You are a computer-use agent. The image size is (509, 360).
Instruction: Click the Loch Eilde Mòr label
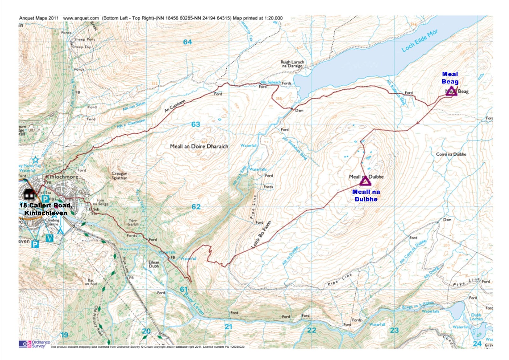[x=420, y=41]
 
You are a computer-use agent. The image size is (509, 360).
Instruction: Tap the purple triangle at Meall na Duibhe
[x=365, y=182]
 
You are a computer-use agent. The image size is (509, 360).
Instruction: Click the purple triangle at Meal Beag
[x=451, y=91]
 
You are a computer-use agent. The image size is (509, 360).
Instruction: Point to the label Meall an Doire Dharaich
[x=199, y=146]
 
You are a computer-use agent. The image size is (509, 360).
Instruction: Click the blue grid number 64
[x=187, y=42]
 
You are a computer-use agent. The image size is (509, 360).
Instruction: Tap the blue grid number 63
[x=196, y=124]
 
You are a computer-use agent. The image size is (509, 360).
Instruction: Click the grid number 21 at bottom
[x=228, y=327]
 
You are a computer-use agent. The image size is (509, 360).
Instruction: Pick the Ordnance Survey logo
[x=34, y=344]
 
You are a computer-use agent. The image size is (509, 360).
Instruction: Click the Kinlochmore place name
[x=62, y=176]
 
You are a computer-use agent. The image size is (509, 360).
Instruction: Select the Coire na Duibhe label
[x=451, y=154]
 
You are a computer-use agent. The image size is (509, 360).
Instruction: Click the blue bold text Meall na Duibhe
[x=366, y=195]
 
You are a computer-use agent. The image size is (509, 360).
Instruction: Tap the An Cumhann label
[x=175, y=106]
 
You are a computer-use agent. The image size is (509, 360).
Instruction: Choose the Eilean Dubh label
[x=154, y=264]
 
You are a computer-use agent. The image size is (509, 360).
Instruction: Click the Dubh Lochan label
[x=476, y=317]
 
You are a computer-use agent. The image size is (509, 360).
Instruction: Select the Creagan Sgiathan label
[x=119, y=176]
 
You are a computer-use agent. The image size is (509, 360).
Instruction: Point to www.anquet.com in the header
[x=81, y=18]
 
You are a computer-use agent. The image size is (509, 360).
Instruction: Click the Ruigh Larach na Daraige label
[x=292, y=64]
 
